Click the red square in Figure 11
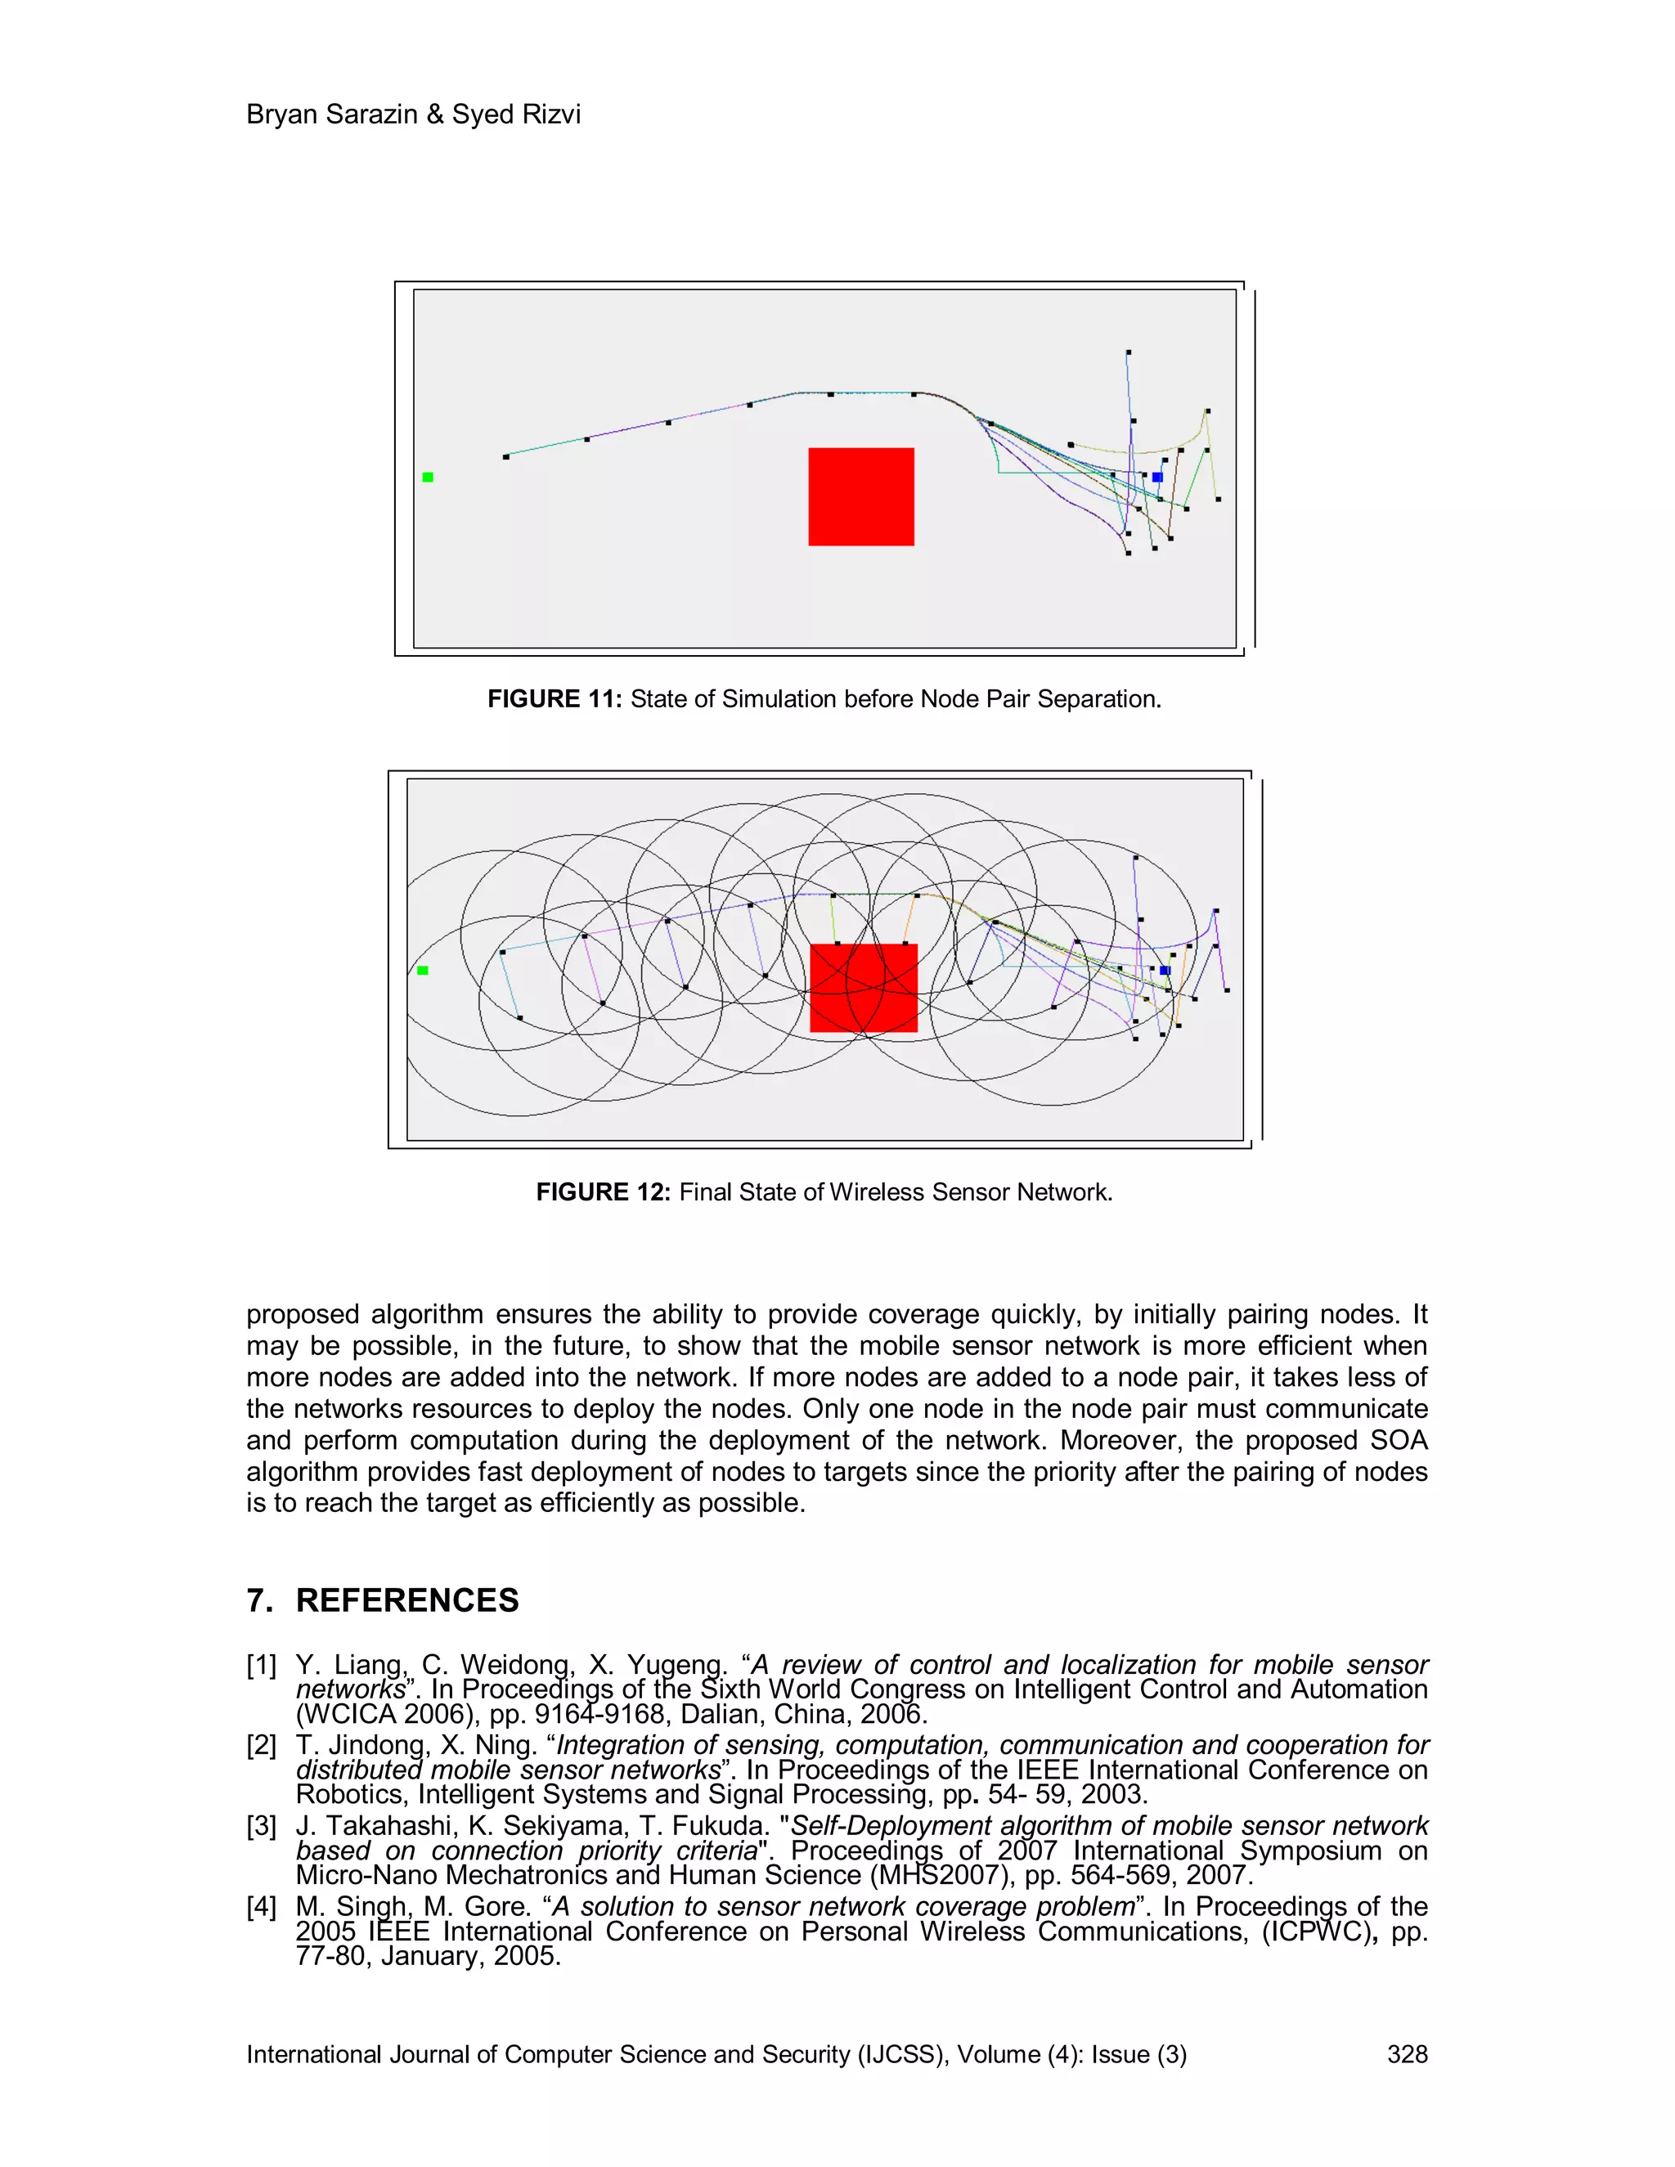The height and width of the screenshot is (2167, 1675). pyautogui.click(x=860, y=496)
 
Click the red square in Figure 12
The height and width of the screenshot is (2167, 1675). pyautogui.click(x=864, y=987)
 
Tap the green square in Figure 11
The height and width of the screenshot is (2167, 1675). pyautogui.click(x=428, y=478)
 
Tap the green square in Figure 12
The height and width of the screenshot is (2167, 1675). pyautogui.click(x=423, y=971)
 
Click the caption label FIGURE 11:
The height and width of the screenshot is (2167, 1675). pyautogui.click(x=554, y=699)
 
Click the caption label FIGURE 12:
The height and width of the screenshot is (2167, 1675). pyautogui.click(x=604, y=1192)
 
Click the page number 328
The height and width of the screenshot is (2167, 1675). pyautogui.click(x=1406, y=2055)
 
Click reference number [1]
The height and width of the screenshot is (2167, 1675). pyautogui.click(x=261, y=1666)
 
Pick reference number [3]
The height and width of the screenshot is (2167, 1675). pyautogui.click(x=261, y=1827)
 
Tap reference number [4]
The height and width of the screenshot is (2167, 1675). pyautogui.click(x=261, y=1907)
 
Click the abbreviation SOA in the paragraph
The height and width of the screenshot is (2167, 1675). pyautogui.click(x=1399, y=1441)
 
